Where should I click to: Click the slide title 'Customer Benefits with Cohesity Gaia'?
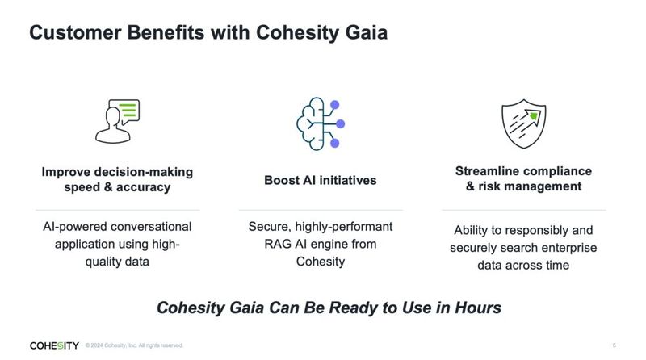point(208,34)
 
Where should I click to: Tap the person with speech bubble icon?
point(117,121)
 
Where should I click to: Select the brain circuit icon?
point(321,122)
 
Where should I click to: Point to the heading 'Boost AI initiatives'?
point(321,180)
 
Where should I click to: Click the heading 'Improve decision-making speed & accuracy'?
point(117,179)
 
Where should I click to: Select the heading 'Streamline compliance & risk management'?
point(523,178)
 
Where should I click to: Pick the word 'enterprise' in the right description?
point(567,248)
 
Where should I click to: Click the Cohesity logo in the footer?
point(54,345)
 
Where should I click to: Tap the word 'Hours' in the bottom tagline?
point(476,308)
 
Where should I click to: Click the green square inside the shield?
point(533,116)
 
